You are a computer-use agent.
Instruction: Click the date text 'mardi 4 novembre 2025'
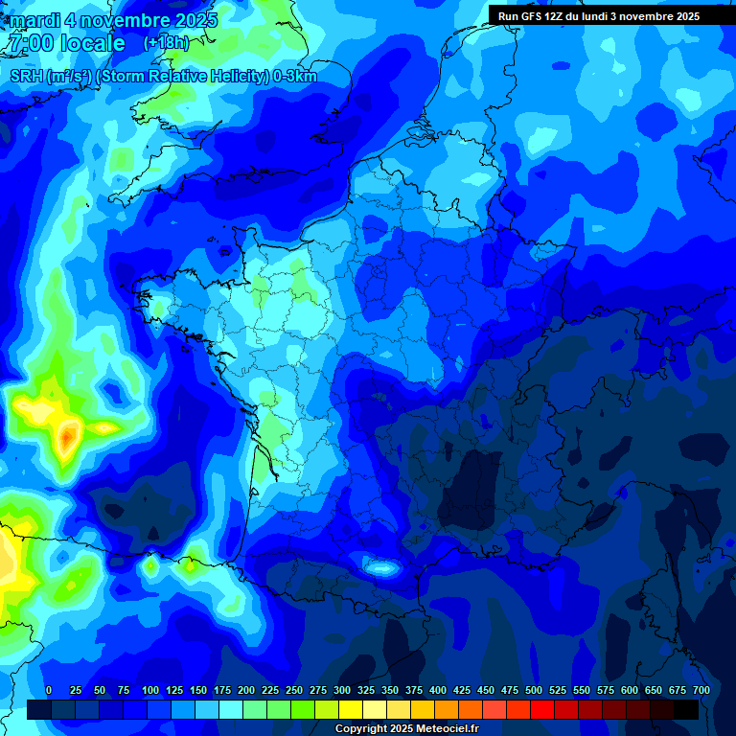click(x=113, y=20)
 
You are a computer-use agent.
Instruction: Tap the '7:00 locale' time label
click(x=65, y=43)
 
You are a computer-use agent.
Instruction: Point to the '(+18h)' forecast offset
click(x=166, y=43)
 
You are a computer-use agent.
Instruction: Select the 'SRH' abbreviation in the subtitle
click(x=27, y=77)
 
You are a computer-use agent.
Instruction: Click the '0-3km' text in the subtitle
click(x=295, y=77)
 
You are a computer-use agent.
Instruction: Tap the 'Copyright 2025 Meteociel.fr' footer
click(x=406, y=729)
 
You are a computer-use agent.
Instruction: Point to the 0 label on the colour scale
click(x=49, y=690)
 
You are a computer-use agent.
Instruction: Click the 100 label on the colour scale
click(x=150, y=690)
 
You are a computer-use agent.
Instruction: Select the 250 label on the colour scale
click(x=294, y=690)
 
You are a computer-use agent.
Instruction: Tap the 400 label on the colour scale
click(x=438, y=690)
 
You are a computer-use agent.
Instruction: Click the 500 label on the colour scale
click(x=534, y=690)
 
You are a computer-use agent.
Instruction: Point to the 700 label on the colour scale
click(x=701, y=690)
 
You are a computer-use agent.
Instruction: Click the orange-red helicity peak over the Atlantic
click(x=67, y=438)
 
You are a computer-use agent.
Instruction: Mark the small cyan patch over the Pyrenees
click(x=382, y=568)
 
